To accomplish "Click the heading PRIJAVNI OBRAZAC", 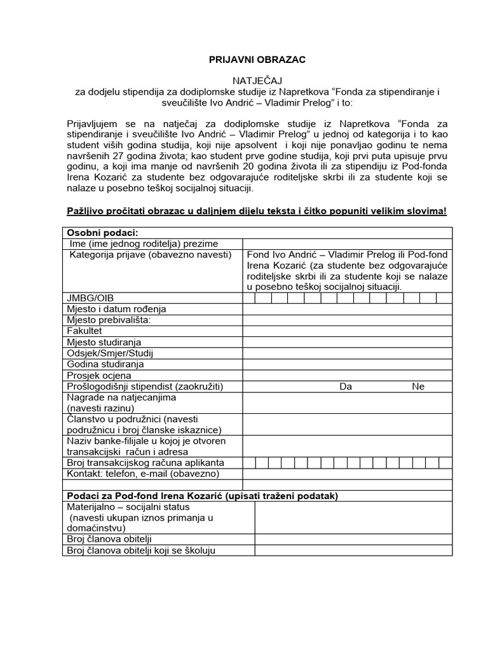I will tap(257, 60).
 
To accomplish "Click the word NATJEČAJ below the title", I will tap(257, 81).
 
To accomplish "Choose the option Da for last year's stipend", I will tap(346, 387).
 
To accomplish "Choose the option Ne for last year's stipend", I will tap(417, 387).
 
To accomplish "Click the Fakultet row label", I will tap(84, 331).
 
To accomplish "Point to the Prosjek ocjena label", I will tap(98, 376).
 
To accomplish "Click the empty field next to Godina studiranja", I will tap(347, 364).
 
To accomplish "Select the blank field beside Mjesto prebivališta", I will tap(347, 320).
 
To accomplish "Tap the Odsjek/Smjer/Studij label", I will tap(110, 353).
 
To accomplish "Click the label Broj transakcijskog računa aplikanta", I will tap(146, 463).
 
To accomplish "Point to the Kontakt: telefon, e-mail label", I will tap(142, 474).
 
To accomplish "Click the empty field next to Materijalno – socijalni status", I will tap(353, 517).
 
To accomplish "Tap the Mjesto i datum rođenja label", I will tap(116, 309).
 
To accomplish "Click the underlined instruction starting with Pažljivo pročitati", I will tap(257, 211).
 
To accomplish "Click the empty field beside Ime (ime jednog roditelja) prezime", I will tap(347, 243).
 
